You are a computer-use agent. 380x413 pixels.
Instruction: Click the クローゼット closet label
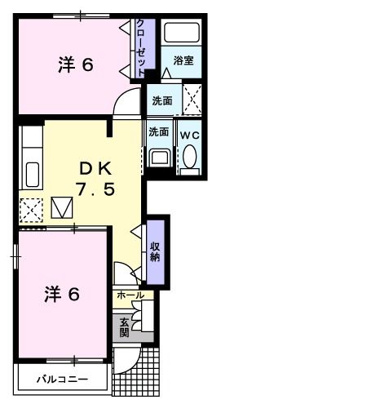point(140,47)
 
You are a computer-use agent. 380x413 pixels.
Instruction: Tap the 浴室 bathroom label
point(182,60)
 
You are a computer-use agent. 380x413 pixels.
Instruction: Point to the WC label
point(189,133)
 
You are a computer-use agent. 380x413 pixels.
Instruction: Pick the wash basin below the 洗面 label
point(159,158)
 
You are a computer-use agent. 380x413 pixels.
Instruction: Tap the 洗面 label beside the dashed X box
point(161,101)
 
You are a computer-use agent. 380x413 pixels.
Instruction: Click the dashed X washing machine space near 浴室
point(192,101)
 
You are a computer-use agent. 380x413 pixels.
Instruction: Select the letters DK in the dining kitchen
point(94,167)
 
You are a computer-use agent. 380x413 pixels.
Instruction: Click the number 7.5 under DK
point(94,190)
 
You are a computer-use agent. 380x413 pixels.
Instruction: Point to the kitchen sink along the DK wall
point(32,174)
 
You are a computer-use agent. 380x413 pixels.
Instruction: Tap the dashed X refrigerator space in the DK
point(31,210)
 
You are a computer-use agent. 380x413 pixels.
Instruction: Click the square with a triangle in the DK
point(63,208)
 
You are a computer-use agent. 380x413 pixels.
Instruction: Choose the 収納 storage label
point(155,251)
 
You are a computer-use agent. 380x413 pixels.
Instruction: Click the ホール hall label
point(130,295)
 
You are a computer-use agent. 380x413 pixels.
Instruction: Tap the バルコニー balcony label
point(61,380)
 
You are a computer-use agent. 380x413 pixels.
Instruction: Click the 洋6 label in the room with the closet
point(74,66)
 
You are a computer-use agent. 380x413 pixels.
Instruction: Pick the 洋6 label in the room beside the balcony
point(61,295)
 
